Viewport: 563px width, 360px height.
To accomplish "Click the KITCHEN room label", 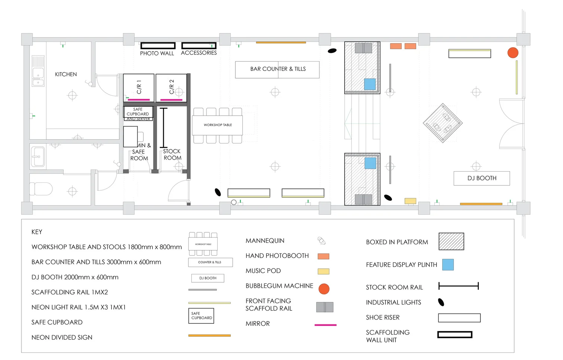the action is click(x=66, y=74).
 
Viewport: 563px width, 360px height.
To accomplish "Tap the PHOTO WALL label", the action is click(x=157, y=53).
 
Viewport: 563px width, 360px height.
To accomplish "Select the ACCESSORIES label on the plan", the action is click(x=199, y=53).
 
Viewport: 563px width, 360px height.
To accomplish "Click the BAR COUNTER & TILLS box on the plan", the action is click(x=277, y=69).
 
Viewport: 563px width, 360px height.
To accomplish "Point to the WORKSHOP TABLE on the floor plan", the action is click(x=218, y=125).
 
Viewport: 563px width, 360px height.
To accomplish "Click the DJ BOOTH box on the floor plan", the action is click(x=482, y=178).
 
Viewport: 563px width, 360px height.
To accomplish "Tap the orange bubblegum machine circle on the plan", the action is click(x=513, y=53).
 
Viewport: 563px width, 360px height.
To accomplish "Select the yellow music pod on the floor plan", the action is click(x=410, y=201).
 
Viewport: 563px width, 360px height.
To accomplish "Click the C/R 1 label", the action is click(x=139, y=87).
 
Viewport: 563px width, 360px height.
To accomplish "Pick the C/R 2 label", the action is click(x=172, y=87).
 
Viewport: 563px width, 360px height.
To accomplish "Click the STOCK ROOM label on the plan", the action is click(x=172, y=154).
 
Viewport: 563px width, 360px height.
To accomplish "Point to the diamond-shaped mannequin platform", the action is click(x=443, y=123).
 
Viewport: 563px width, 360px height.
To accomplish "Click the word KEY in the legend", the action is click(x=37, y=232).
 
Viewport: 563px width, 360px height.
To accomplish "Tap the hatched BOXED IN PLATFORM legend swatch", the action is click(x=451, y=241).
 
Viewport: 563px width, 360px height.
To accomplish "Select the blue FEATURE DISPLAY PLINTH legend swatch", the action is click(x=448, y=265).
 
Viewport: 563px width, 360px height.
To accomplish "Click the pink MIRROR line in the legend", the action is click(x=325, y=325).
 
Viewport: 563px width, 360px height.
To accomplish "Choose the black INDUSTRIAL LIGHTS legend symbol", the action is click(x=441, y=302).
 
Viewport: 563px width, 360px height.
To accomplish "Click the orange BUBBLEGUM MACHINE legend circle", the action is click(x=324, y=289).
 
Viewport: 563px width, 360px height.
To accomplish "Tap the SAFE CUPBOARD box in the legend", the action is click(x=201, y=316).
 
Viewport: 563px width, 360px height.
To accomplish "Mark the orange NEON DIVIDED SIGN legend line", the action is click(x=209, y=336).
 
